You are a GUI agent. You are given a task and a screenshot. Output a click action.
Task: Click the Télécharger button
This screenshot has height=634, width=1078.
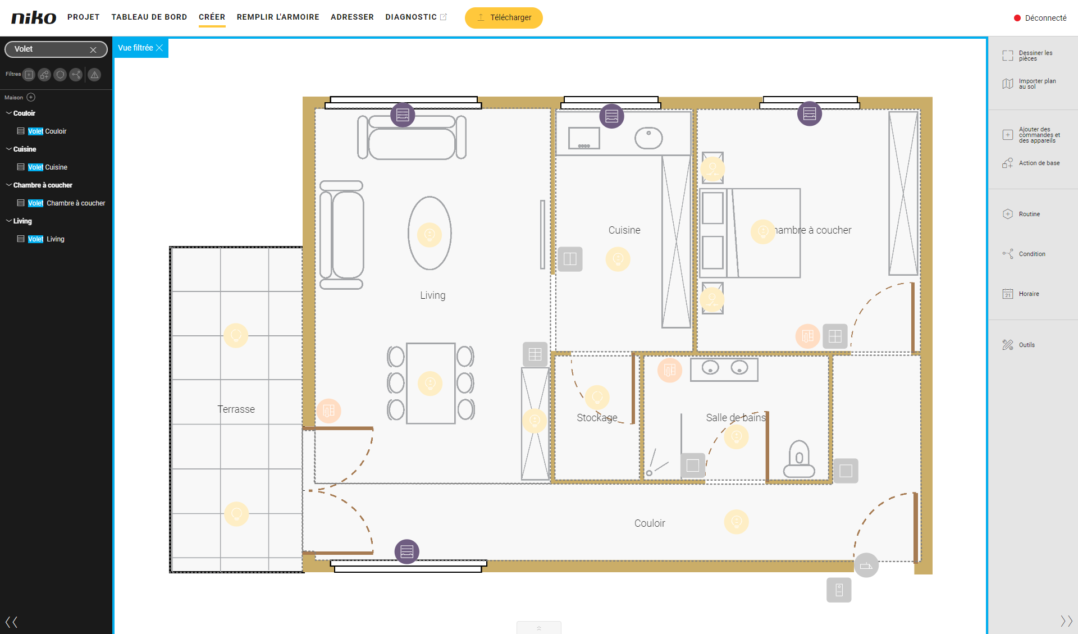click(x=504, y=17)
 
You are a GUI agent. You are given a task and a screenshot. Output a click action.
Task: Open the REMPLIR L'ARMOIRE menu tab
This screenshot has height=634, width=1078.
click(x=278, y=17)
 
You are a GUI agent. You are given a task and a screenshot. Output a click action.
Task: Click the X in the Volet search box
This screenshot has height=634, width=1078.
click(x=93, y=49)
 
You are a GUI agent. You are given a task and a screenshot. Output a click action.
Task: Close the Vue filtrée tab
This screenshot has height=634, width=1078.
click(x=159, y=48)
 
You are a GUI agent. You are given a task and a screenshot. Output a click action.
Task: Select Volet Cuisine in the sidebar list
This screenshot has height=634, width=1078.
click(x=47, y=167)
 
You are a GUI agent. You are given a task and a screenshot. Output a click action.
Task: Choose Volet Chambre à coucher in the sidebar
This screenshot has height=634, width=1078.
click(x=66, y=203)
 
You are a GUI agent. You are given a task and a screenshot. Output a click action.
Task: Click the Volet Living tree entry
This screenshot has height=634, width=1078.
click(x=46, y=239)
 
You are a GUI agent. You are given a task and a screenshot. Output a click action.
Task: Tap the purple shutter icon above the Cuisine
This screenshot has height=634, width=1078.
click(x=611, y=116)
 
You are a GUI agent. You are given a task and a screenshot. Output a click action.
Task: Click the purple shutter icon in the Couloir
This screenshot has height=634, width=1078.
click(x=407, y=551)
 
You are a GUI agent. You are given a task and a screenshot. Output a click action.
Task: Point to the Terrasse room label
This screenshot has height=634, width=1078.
click(x=236, y=409)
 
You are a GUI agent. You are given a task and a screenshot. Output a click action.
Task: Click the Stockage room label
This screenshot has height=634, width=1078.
click(x=597, y=417)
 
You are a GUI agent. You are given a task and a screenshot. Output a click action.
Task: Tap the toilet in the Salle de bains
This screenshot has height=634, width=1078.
click(x=799, y=459)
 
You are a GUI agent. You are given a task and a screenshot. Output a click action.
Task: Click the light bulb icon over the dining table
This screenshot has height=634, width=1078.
click(x=430, y=384)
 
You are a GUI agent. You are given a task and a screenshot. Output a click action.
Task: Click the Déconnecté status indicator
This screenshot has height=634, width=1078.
click(x=1040, y=18)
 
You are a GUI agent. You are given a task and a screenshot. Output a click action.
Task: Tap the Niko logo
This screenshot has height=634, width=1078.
click(x=34, y=17)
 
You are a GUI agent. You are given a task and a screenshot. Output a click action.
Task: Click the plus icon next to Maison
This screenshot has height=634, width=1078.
click(x=31, y=97)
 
